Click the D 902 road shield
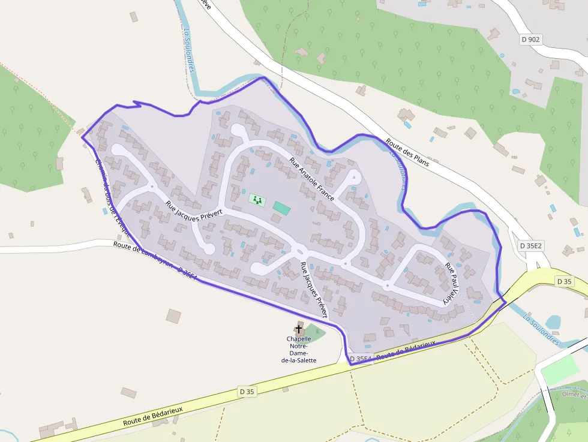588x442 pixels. pos(530,40)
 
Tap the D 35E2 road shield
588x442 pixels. pos(530,246)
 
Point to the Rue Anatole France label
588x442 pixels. pos(311,179)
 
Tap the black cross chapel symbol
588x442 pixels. pos(299,329)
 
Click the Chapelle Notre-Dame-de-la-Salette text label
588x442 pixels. pos(298,350)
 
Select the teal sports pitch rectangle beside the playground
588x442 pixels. pos(281,208)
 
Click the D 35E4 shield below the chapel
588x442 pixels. pos(361,359)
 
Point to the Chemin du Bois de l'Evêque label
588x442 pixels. pos(112,197)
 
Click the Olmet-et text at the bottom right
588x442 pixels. pos(575,395)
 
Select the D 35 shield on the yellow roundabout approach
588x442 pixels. pos(564,281)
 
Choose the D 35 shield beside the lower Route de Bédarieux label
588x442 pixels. pos(247,392)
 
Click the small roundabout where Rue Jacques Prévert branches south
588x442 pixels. pos(299,251)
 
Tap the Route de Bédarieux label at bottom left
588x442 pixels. pos(152,414)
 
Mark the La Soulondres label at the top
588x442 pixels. pos(190,51)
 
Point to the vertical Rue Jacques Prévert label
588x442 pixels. pos(314,290)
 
